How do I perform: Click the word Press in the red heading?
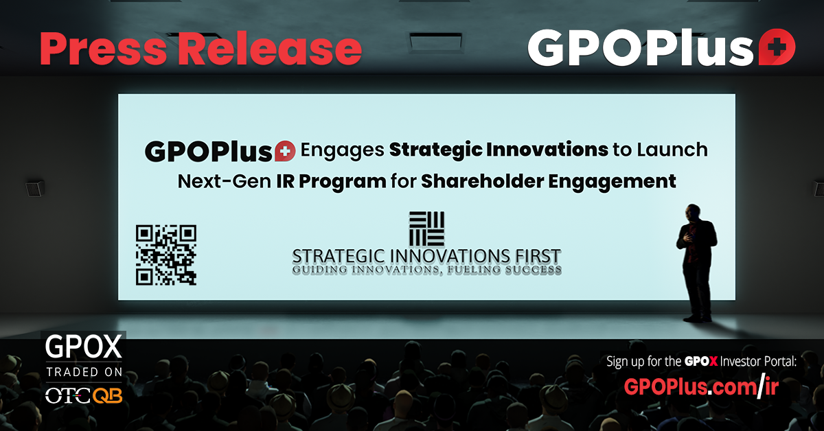tap(104, 49)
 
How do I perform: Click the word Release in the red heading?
tap(271, 49)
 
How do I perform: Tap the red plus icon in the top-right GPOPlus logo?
tap(777, 47)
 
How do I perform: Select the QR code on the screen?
tap(166, 255)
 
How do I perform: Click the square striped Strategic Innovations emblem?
tap(426, 229)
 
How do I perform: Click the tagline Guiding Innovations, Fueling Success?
tap(426, 270)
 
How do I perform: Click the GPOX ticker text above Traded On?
tap(84, 347)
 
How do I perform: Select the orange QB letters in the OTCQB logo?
tap(107, 396)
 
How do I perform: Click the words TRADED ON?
tap(84, 372)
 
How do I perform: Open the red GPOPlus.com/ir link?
tap(701, 387)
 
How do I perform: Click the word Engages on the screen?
tap(343, 150)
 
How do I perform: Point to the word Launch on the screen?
tap(672, 150)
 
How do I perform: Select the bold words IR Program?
tap(332, 181)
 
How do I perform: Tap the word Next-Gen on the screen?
tap(225, 181)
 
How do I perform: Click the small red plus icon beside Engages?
tap(285, 151)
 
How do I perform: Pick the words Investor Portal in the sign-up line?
tap(758, 362)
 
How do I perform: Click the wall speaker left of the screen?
tap(35, 188)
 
